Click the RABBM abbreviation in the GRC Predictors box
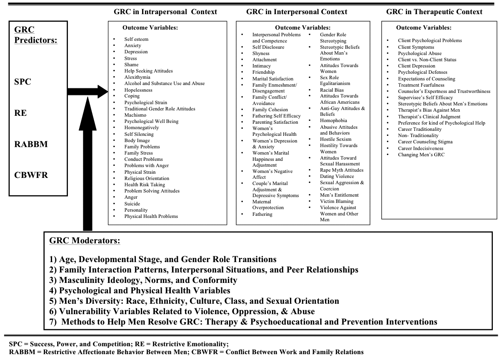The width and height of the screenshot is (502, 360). (x=31, y=144)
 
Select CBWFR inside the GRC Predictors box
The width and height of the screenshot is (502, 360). (x=31, y=175)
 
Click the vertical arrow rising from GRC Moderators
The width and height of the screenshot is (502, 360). (x=87, y=162)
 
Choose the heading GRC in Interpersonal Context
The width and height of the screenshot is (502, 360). (x=297, y=12)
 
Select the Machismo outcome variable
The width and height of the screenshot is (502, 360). (x=135, y=115)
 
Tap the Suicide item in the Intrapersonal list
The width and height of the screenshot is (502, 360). (x=132, y=204)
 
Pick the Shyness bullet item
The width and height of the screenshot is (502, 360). (x=261, y=53)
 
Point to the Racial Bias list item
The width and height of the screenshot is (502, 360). (x=332, y=90)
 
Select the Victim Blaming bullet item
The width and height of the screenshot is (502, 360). (x=336, y=201)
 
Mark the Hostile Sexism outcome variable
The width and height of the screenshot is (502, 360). (x=335, y=139)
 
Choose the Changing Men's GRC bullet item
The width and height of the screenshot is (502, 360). (x=421, y=155)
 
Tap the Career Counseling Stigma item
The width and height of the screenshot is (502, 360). (x=425, y=142)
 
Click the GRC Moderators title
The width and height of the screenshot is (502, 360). (x=85, y=241)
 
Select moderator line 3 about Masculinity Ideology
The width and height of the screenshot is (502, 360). (x=143, y=280)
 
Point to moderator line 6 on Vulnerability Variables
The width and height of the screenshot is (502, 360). (x=182, y=311)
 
